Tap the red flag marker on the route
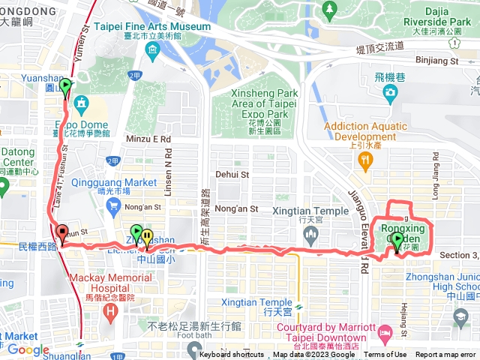click(61, 232)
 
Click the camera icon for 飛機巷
click(389, 92)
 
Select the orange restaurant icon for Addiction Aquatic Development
click(364, 159)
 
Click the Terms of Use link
click(385, 355)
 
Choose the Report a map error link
click(445, 355)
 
